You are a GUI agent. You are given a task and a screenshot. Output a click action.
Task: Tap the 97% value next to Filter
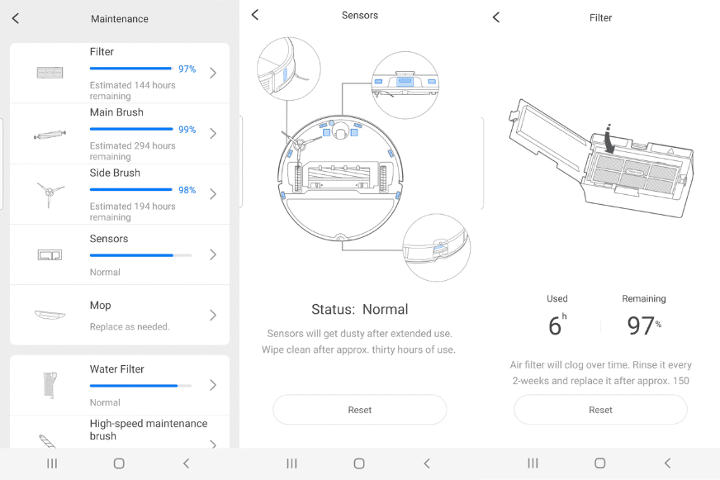187,69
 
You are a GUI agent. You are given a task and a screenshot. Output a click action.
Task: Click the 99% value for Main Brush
187,130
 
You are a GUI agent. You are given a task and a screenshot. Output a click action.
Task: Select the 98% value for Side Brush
187,190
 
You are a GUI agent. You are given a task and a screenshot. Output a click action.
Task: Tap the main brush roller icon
50,134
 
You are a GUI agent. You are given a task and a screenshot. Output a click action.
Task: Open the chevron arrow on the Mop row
213,315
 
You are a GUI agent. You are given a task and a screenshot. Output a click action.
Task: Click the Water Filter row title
116,369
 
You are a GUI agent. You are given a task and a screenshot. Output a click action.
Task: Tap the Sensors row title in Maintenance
109,239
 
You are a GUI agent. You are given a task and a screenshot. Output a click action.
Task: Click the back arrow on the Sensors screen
255,15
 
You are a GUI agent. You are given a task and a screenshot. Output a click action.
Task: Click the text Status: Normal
359,309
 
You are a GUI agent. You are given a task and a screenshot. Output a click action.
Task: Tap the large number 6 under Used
555,326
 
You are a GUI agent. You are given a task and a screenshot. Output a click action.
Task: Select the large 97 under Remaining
641,326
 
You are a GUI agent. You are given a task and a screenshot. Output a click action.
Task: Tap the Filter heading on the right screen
600,17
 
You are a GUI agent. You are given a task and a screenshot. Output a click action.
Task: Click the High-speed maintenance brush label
148,430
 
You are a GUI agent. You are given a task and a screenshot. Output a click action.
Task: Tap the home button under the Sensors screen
359,463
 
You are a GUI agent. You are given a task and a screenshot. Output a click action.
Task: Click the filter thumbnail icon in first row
50,73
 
